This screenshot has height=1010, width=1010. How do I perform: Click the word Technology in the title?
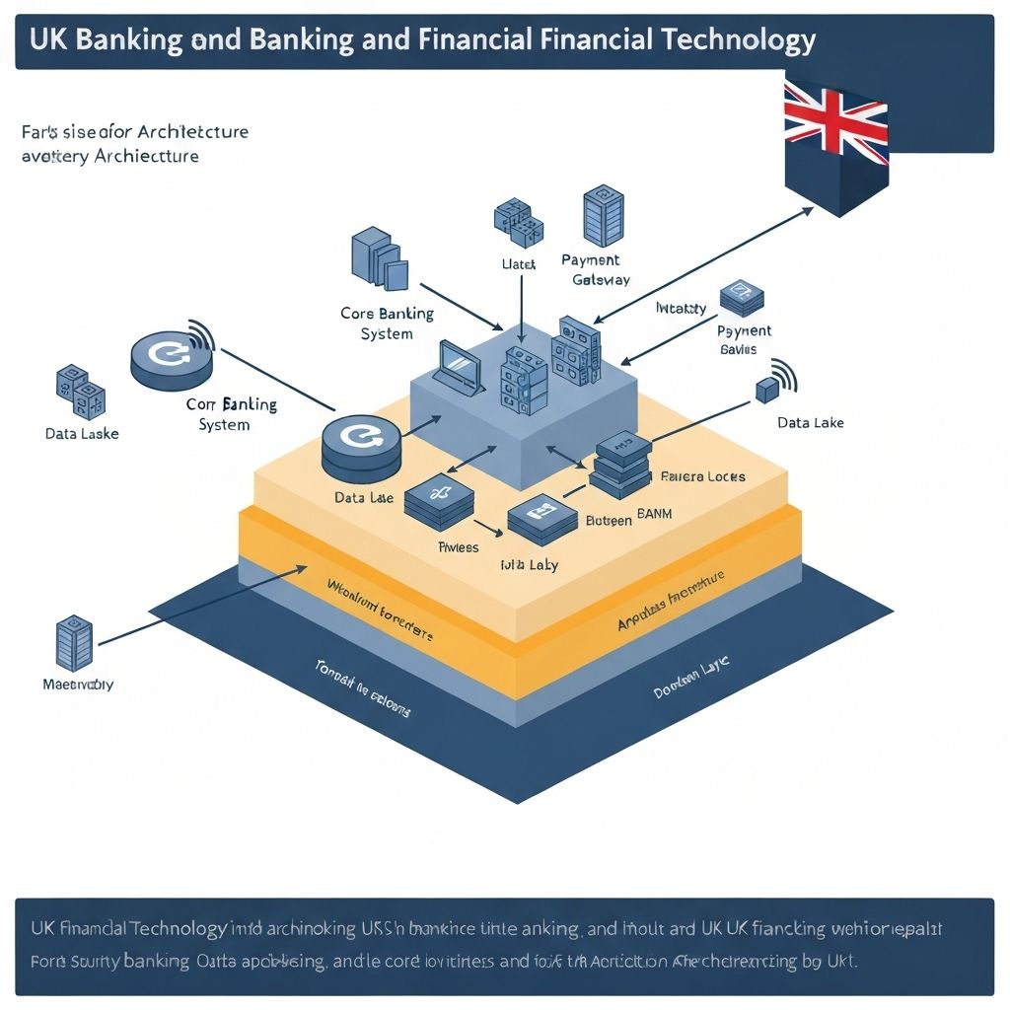click(724, 40)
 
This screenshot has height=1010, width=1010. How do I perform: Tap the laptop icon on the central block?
click(459, 368)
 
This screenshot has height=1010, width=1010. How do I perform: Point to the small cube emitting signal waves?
click(767, 389)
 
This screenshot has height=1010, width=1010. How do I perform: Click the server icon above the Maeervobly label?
click(75, 642)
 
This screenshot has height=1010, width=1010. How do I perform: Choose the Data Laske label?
click(81, 433)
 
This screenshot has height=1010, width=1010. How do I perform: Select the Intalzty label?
click(681, 308)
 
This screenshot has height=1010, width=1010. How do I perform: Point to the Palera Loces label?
click(702, 476)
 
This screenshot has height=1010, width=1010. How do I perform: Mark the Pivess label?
click(458, 546)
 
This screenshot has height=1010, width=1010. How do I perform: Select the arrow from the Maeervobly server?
click(197, 609)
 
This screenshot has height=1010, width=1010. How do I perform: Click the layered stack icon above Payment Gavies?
click(742, 298)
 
